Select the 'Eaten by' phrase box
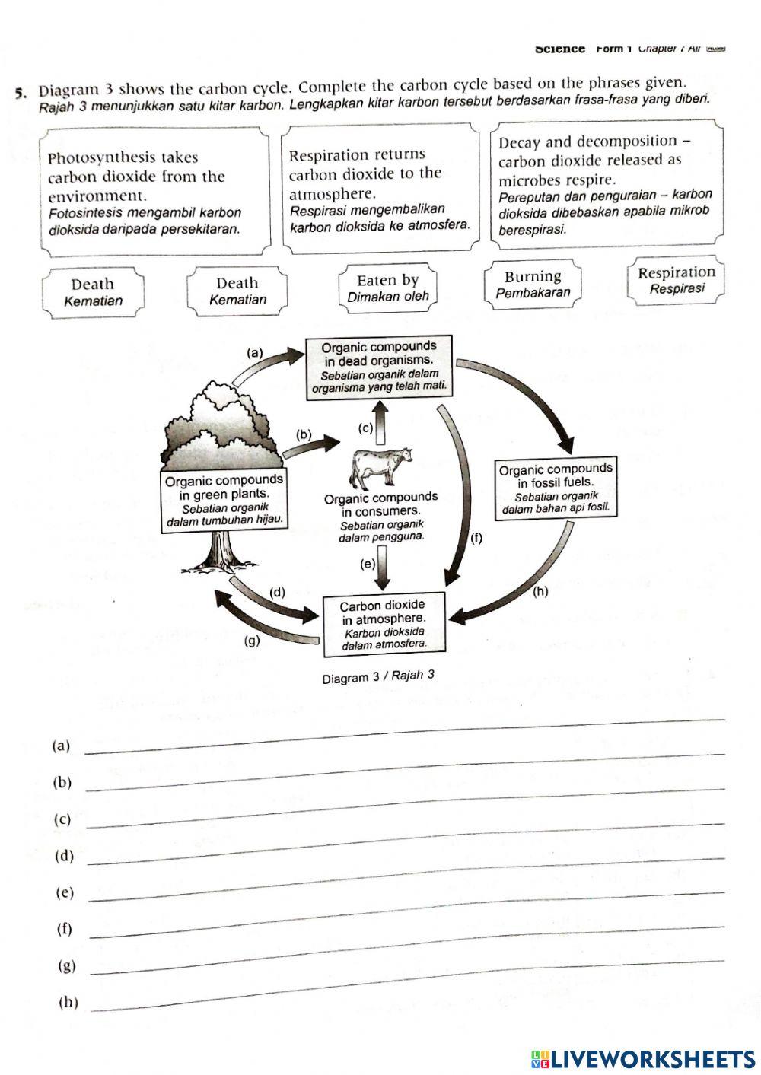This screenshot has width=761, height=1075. click(388, 288)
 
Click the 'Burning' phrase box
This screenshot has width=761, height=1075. click(533, 284)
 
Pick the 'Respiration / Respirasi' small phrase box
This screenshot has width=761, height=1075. click(676, 279)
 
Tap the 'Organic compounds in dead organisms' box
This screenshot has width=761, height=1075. click(379, 367)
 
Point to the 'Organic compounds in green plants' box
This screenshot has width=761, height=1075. click(224, 501)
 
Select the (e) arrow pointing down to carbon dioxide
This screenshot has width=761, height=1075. click(383, 569)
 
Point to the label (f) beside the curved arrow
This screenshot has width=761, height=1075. click(476, 538)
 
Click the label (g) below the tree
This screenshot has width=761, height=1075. click(251, 640)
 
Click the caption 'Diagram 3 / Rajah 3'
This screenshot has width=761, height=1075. click(378, 676)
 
